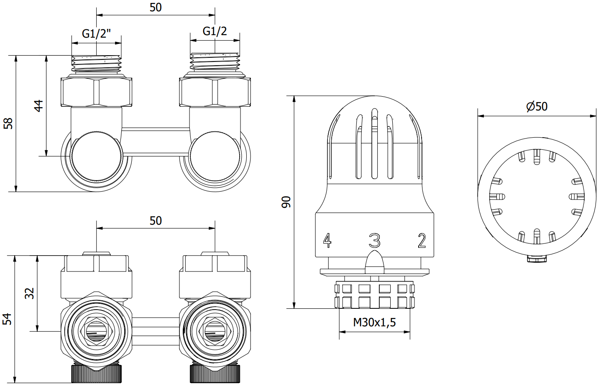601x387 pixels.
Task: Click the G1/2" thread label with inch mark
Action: pyautogui.click(x=97, y=34)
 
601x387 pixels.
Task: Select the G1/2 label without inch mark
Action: pyautogui.click(x=215, y=31)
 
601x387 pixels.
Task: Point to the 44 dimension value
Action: pyautogui.click(x=38, y=105)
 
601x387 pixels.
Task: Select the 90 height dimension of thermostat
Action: pyautogui.click(x=286, y=202)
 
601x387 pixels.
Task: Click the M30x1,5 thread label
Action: pyautogui.click(x=374, y=323)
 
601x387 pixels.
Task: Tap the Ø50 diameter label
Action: pyautogui.click(x=537, y=106)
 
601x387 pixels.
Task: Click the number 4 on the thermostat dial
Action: pyautogui.click(x=327, y=240)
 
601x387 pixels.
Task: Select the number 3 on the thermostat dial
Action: pyautogui.click(x=374, y=241)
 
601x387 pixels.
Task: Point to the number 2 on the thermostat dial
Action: pyautogui.click(x=422, y=241)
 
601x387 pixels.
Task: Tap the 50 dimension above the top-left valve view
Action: pyautogui.click(x=155, y=7)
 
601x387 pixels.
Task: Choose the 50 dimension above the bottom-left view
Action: pyautogui.click(x=155, y=220)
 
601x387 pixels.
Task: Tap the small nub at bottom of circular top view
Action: pyautogui.click(x=537, y=259)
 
